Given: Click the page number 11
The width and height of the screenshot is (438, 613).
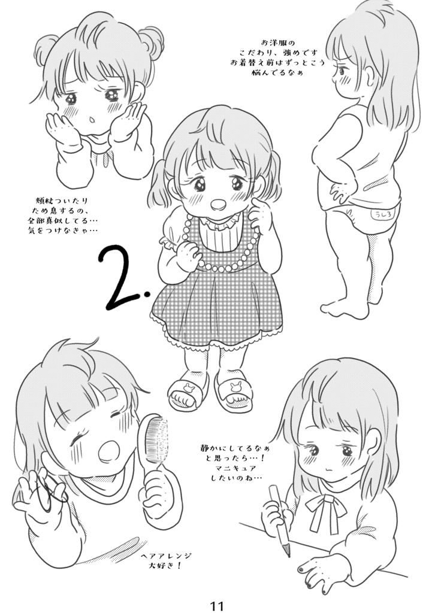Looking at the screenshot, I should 217,605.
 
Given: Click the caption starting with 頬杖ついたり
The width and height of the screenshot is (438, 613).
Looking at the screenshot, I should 67,215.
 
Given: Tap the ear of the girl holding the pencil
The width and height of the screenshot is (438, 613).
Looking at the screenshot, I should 373,442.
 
